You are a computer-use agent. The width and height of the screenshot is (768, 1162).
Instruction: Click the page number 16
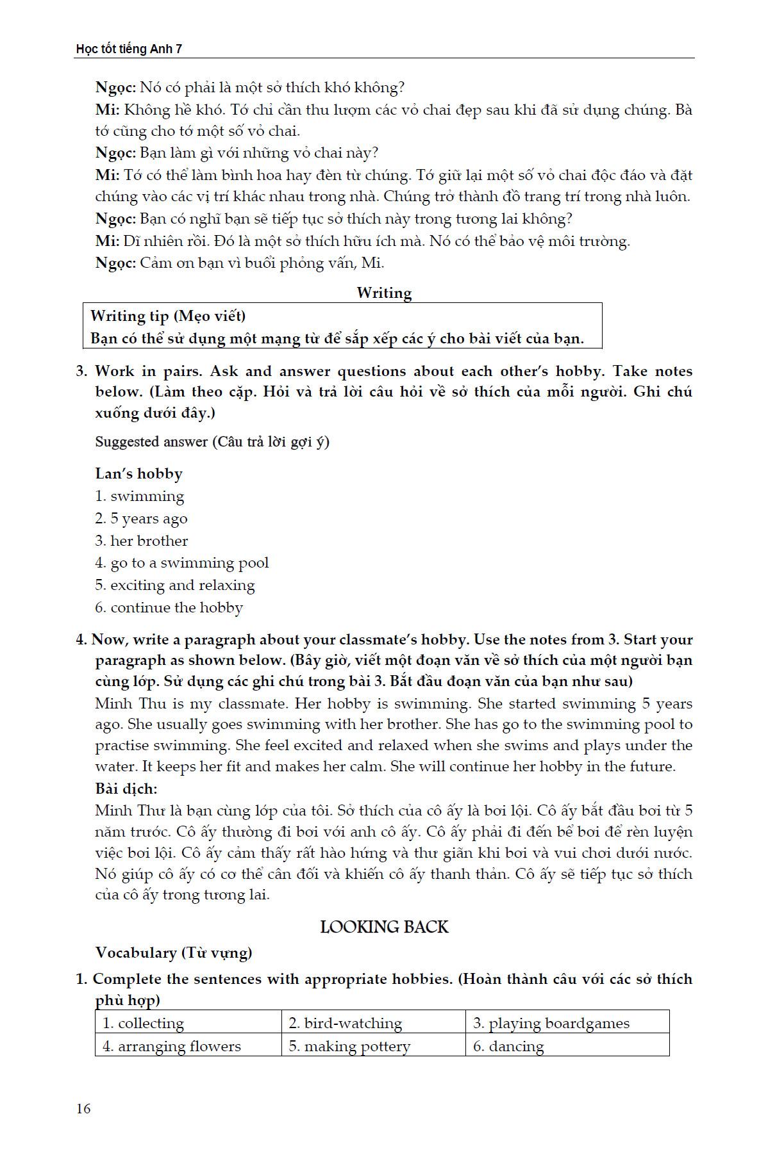(83, 1108)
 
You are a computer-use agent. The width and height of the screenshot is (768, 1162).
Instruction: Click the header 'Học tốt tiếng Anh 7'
(129, 49)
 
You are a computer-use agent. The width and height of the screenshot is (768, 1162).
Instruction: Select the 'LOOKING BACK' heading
(384, 927)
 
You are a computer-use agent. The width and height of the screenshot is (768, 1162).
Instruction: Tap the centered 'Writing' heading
(384, 293)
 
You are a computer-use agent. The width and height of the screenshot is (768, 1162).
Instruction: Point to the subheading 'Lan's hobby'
(139, 473)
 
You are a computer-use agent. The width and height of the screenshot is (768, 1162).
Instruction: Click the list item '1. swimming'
(140, 496)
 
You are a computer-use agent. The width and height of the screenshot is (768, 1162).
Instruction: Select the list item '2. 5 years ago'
(142, 518)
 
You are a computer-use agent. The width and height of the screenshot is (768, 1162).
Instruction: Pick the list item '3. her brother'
(142, 541)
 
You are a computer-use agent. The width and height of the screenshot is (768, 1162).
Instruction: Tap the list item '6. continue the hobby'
(169, 607)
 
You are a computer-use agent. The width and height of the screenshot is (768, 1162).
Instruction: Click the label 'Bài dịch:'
(126, 789)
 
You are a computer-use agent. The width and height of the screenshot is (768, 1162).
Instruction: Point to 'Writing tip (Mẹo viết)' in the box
(168, 315)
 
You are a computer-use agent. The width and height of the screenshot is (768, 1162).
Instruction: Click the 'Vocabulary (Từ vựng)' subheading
(174, 953)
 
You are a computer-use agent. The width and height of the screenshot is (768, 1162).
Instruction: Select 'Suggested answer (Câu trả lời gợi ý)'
(212, 441)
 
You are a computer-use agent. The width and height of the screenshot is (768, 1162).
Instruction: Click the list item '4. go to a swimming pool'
(182, 562)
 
